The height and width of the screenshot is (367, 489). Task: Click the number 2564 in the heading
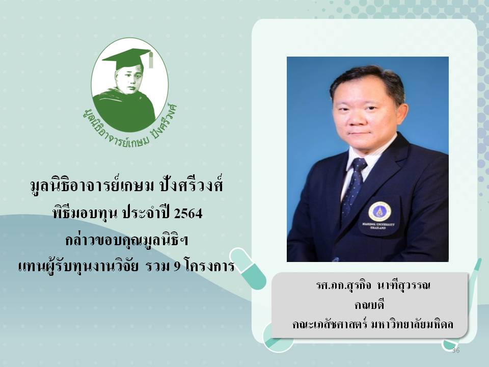click(x=188, y=214)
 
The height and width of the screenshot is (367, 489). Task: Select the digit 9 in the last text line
click(x=177, y=266)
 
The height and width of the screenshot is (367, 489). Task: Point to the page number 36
click(x=455, y=350)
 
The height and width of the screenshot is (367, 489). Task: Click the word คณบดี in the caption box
click(x=369, y=305)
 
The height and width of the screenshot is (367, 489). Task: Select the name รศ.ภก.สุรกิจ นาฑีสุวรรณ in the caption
click(x=373, y=285)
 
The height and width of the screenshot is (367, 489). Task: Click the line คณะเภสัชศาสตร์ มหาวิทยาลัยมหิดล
click(x=373, y=324)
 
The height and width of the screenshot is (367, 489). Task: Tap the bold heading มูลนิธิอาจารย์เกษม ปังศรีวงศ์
click(x=127, y=187)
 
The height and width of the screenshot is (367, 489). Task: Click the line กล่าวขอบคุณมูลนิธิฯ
click(x=127, y=240)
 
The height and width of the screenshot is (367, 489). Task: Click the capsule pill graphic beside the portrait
click(x=248, y=269)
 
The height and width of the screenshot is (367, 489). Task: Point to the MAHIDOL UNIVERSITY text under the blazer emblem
click(x=378, y=225)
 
